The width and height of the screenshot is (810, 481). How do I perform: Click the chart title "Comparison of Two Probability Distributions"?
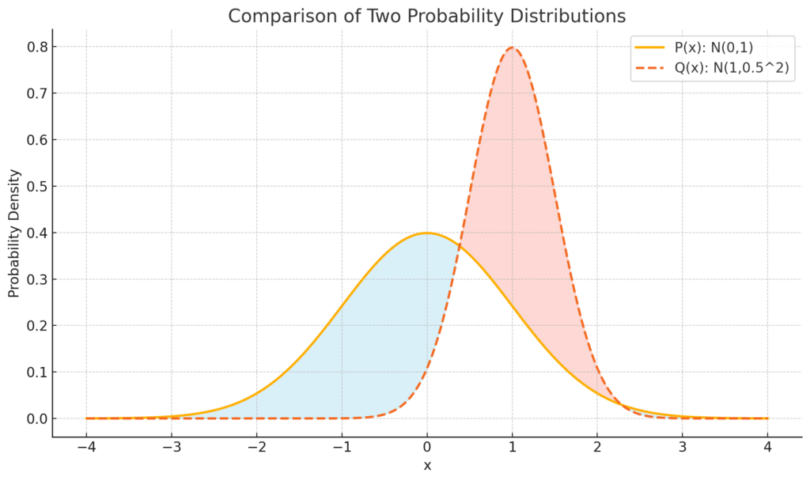point(426,16)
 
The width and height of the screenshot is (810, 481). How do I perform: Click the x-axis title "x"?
point(427,465)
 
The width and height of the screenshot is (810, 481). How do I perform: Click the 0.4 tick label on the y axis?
point(36,233)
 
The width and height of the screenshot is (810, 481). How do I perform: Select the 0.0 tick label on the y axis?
point(36,419)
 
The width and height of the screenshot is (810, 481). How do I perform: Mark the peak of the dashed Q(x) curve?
point(513,47)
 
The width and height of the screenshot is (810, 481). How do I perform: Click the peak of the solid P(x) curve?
point(427,233)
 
